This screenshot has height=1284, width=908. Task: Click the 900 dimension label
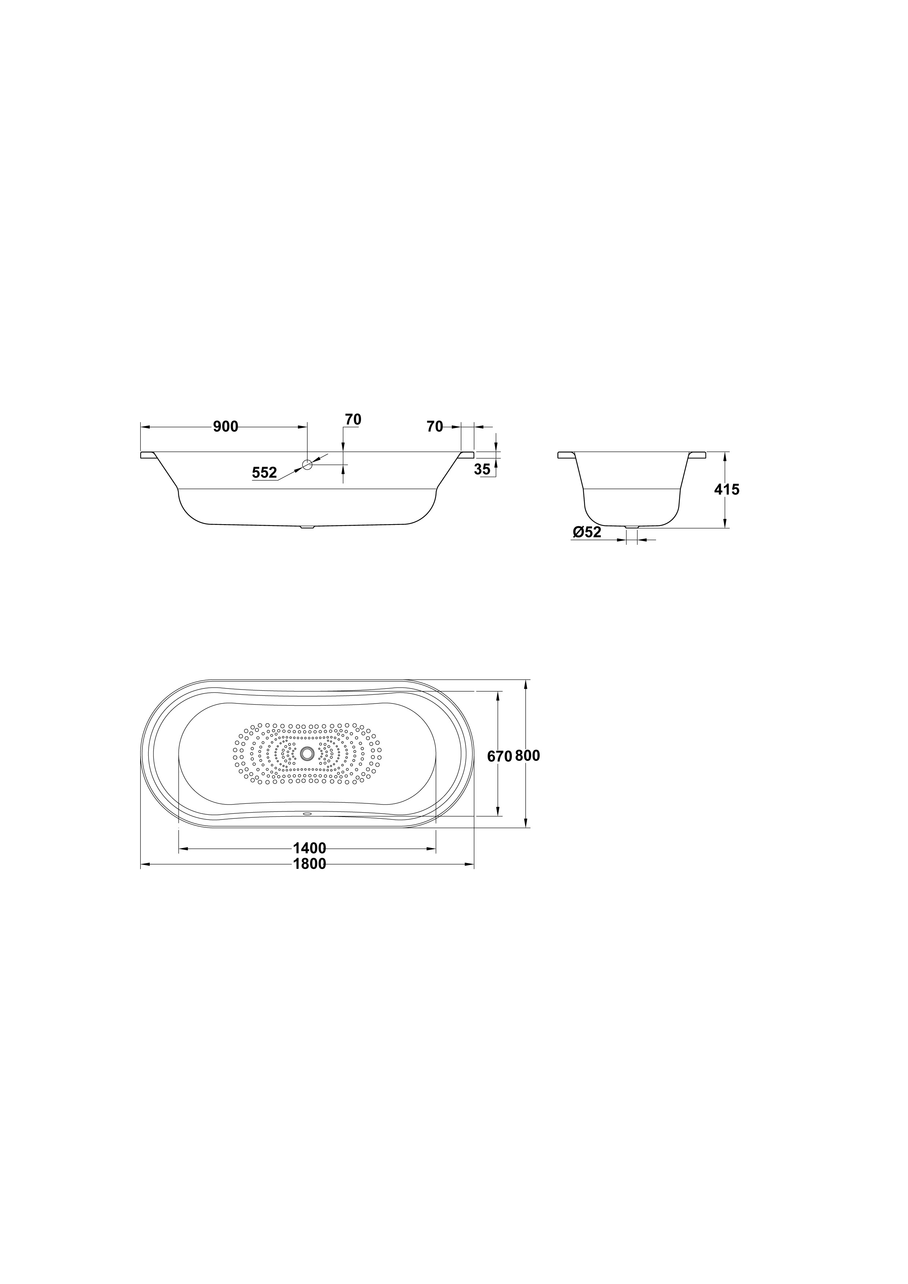(226, 427)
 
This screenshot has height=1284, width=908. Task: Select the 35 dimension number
(482, 470)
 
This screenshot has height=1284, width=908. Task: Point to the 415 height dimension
(727, 489)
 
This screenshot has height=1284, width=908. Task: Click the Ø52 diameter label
(587, 533)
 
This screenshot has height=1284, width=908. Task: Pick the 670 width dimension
(500, 757)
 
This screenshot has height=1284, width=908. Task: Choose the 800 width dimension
(528, 756)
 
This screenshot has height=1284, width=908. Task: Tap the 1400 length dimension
(309, 848)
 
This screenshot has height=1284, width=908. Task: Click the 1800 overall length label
(309, 864)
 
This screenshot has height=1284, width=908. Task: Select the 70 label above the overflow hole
(353, 419)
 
